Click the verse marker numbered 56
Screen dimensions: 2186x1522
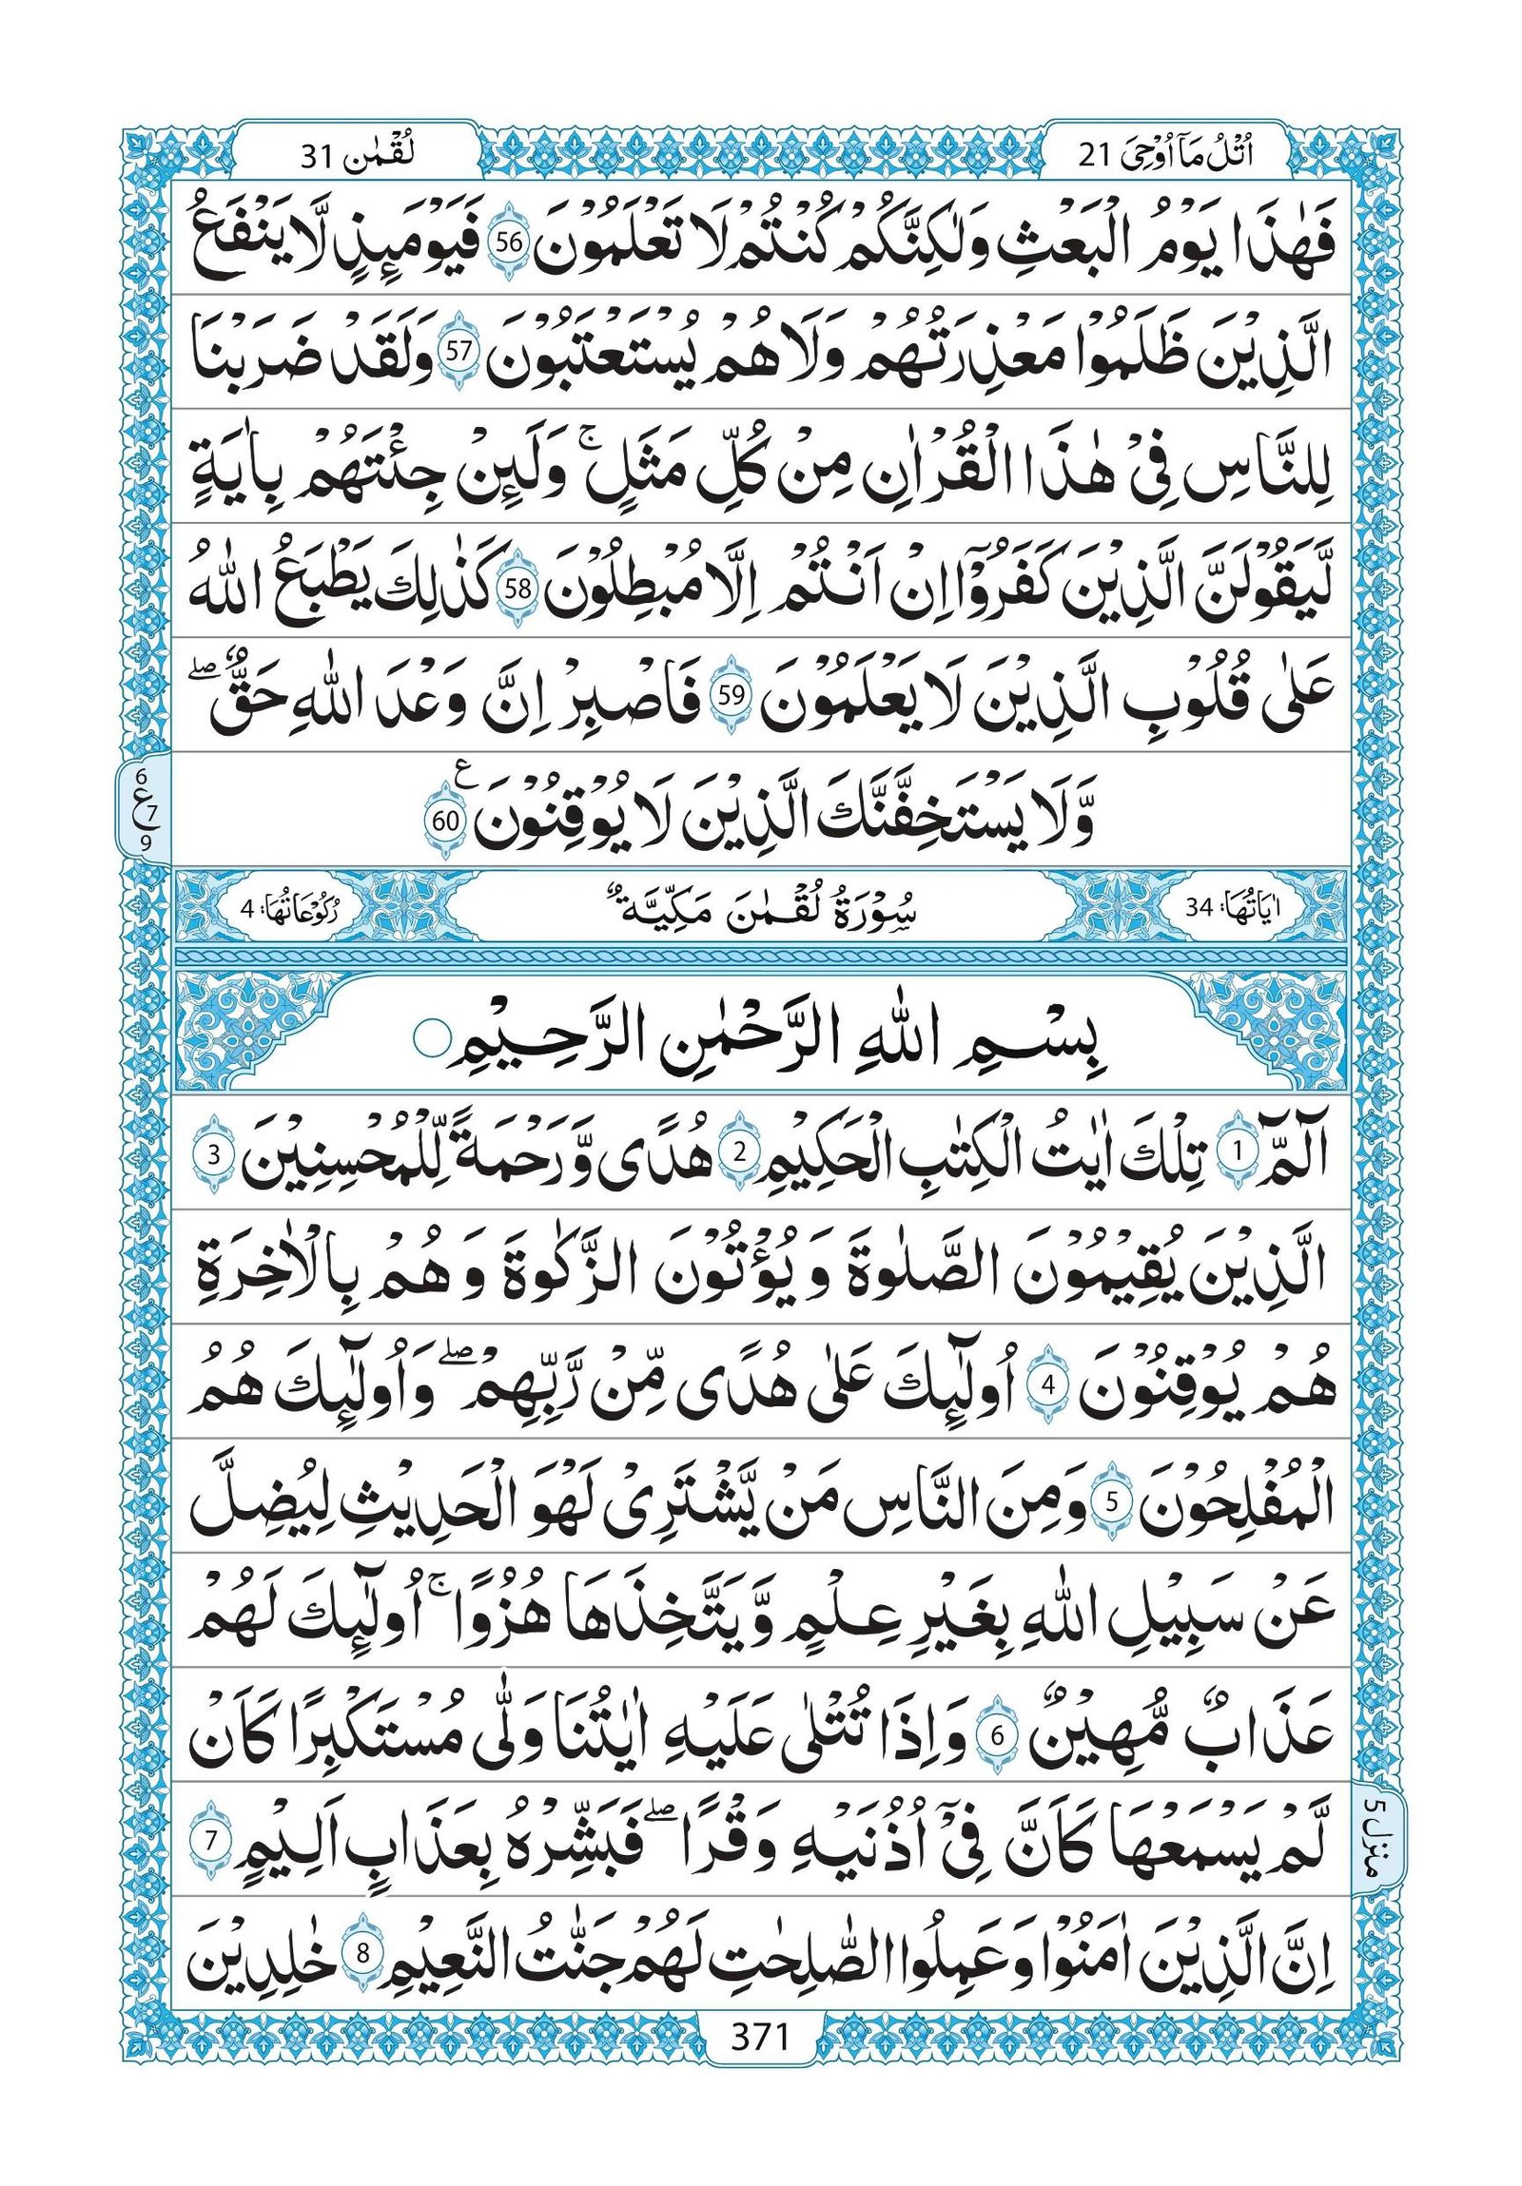(x=510, y=242)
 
